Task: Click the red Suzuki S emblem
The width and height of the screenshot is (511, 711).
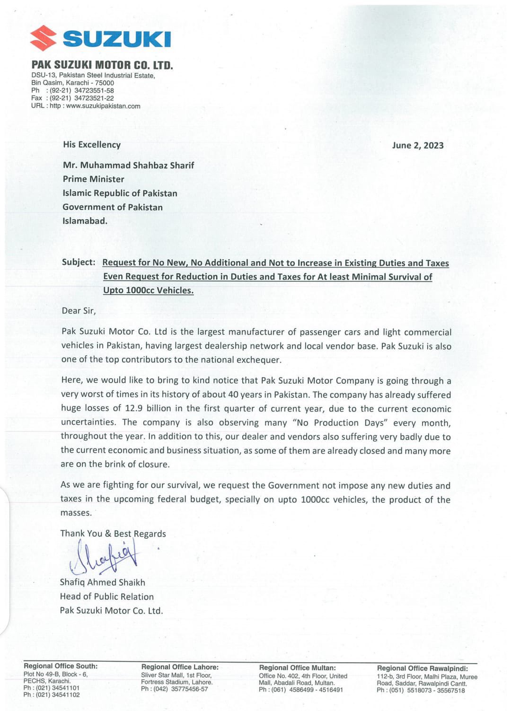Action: (x=43, y=38)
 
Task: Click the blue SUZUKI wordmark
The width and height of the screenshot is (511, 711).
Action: (x=116, y=39)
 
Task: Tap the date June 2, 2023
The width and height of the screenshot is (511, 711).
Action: (x=418, y=145)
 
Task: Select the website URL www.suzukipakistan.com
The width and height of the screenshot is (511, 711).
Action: (x=103, y=106)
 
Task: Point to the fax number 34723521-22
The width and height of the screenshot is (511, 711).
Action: (x=94, y=98)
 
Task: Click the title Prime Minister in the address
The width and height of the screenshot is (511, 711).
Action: (x=93, y=179)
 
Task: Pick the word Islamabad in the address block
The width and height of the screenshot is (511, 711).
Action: (x=85, y=220)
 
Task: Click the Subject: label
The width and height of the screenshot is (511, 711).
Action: (x=79, y=262)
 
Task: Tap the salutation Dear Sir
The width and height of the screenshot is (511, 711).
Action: (x=79, y=311)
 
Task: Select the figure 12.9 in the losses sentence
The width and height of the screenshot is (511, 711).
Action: (x=134, y=408)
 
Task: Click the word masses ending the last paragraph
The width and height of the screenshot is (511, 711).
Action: (x=76, y=513)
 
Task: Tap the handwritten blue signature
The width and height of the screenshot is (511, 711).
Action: (x=106, y=559)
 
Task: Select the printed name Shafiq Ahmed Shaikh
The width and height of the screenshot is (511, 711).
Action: (x=102, y=582)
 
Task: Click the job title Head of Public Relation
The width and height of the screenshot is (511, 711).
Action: (x=106, y=597)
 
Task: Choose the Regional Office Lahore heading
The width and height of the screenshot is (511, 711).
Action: (x=180, y=667)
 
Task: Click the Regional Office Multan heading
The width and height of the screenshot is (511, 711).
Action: (x=297, y=667)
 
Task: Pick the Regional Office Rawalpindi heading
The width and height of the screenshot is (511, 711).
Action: (x=422, y=668)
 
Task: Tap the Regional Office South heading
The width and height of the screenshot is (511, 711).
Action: (x=61, y=666)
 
